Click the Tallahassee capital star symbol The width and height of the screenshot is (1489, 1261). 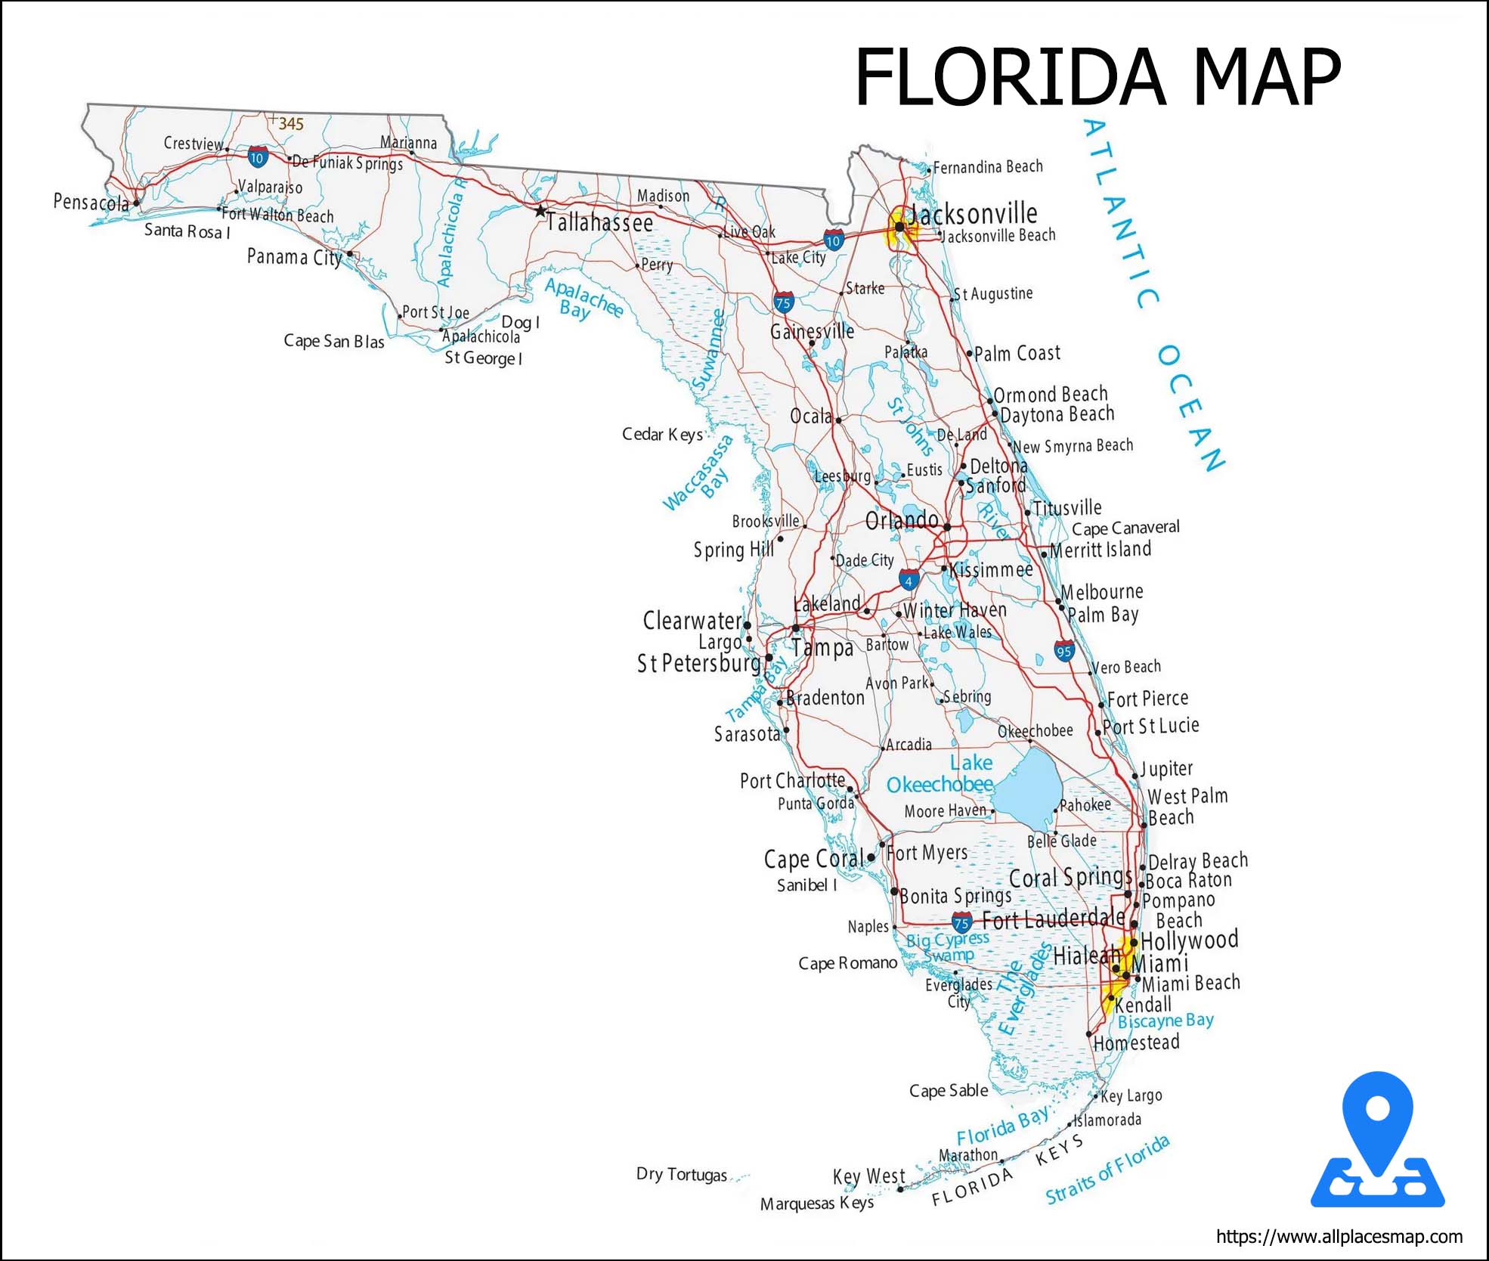tap(540, 211)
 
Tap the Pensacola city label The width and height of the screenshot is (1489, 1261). tap(91, 203)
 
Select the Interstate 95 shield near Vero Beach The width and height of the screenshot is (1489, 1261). tap(1064, 651)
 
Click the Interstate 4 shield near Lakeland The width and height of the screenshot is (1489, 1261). tap(909, 581)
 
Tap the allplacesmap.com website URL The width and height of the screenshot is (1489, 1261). tap(1339, 1237)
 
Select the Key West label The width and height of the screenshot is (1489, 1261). tap(868, 1177)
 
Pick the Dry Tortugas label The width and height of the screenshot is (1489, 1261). tap(681, 1175)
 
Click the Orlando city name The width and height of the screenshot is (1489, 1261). tap(902, 520)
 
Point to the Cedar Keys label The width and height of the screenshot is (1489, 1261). tap(662, 434)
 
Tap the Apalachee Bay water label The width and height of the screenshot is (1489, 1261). tap(583, 299)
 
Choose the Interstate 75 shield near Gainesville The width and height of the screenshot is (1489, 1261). tap(784, 303)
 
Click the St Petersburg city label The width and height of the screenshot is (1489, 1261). tap(698, 663)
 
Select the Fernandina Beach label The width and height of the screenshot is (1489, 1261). tap(988, 167)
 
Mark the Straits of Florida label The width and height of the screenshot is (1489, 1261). tap(1107, 1170)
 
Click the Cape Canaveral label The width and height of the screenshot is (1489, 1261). tap(1125, 528)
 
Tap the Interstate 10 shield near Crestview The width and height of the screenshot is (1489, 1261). tap(257, 157)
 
